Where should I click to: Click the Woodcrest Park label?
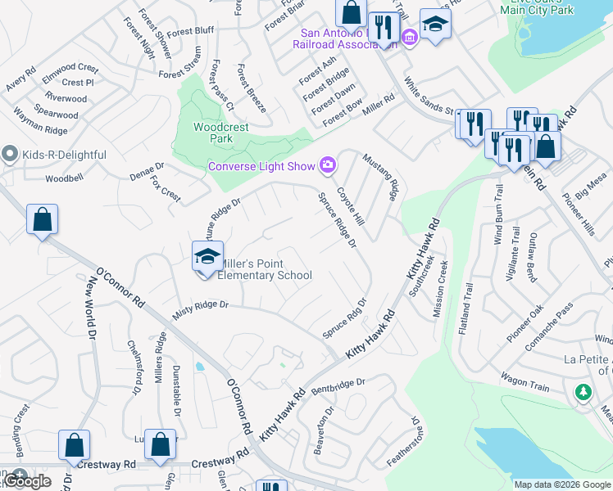[213, 133]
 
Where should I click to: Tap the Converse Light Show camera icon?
[328, 166]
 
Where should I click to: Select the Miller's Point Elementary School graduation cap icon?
[208, 256]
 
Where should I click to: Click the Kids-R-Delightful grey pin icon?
[10, 154]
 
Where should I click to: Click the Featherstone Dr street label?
[405, 442]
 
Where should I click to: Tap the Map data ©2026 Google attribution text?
[562, 484]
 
